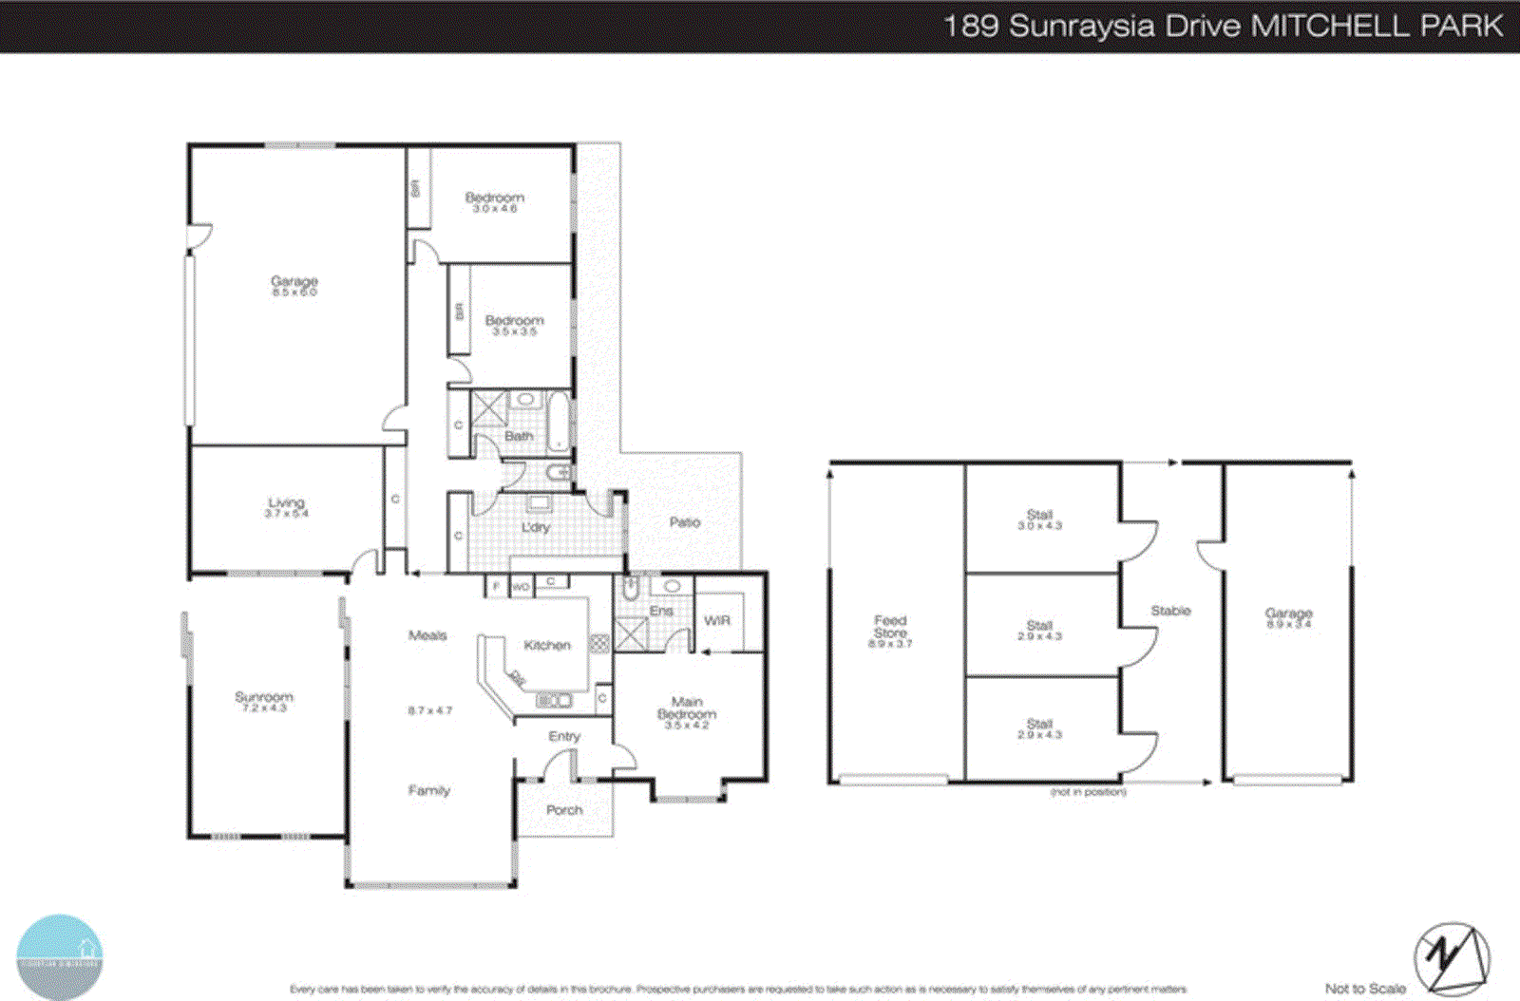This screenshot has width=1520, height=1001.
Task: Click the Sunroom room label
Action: pos(264,698)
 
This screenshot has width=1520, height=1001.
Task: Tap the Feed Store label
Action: pos(890,627)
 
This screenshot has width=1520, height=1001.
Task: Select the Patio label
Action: pos(684,522)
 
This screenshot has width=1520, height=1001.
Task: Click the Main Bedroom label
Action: pos(686,708)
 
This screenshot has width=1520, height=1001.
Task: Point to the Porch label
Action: pos(564,810)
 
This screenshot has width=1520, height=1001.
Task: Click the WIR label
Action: pos(717,620)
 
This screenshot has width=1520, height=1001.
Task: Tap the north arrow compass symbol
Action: pos(1451,959)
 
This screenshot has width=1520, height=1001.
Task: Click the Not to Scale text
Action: pos(1365,989)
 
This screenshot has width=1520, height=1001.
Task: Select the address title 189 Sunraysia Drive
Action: pos(1092,26)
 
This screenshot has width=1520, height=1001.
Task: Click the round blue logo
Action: pos(60,956)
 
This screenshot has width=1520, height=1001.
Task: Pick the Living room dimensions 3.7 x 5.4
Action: pos(286,514)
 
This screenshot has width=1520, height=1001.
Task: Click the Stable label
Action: pos(1170,611)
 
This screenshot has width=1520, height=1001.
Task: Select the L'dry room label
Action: pos(536,527)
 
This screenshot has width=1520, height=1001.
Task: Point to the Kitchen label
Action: pos(547,645)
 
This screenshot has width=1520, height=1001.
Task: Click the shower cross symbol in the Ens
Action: pos(631,633)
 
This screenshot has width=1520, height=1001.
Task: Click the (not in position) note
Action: pos(1088,792)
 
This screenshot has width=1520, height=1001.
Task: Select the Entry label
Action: pos(563,736)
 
